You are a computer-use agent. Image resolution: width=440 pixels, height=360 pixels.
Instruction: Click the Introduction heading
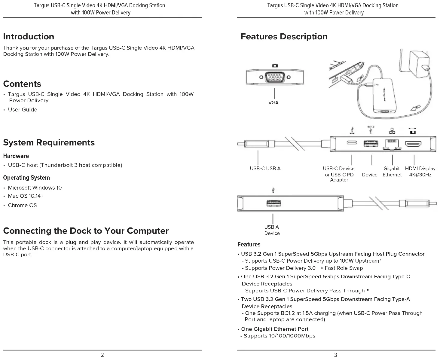click(x=29, y=37)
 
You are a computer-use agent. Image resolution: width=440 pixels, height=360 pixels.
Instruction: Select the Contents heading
click(x=22, y=84)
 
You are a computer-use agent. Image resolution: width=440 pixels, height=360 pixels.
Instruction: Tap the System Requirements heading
click(x=49, y=142)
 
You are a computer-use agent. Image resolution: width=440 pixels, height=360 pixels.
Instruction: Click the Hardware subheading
click(x=16, y=156)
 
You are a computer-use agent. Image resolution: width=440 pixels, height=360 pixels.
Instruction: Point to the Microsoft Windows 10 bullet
click(x=35, y=188)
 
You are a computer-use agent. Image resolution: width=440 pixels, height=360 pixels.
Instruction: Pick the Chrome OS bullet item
click(x=22, y=206)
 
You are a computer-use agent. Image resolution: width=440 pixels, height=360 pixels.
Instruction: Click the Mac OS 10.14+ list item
click(x=26, y=196)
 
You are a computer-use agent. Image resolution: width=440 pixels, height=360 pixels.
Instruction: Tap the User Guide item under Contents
click(x=23, y=110)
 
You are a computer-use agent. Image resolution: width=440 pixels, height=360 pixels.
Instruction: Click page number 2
click(x=102, y=355)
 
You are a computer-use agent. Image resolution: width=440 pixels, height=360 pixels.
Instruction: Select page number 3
click(x=336, y=355)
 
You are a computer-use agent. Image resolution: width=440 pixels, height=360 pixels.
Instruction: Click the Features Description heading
click(x=284, y=37)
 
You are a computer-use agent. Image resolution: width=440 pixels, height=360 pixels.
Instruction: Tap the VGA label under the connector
click(x=273, y=102)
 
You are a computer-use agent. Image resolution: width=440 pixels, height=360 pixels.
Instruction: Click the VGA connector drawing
click(x=275, y=77)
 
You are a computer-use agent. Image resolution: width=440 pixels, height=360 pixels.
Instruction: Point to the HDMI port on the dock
click(x=414, y=144)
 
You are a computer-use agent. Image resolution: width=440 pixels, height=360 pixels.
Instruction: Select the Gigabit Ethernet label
click(x=392, y=172)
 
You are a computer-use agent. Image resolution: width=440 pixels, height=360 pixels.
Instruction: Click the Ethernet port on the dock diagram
click(x=392, y=144)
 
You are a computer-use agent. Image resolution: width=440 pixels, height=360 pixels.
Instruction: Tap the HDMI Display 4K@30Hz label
click(x=420, y=172)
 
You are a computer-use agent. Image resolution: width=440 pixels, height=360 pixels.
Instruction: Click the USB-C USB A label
click(x=265, y=169)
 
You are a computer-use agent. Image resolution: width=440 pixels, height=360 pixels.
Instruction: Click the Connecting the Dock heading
click(x=86, y=231)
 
